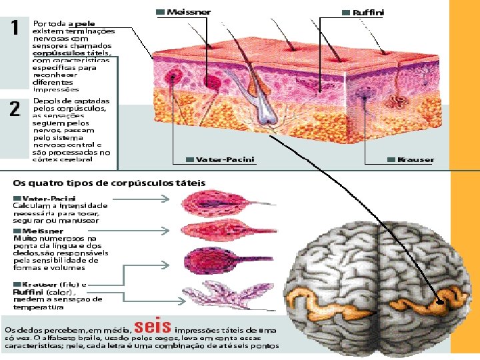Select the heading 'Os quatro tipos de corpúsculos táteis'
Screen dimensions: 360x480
coord(109,183)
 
